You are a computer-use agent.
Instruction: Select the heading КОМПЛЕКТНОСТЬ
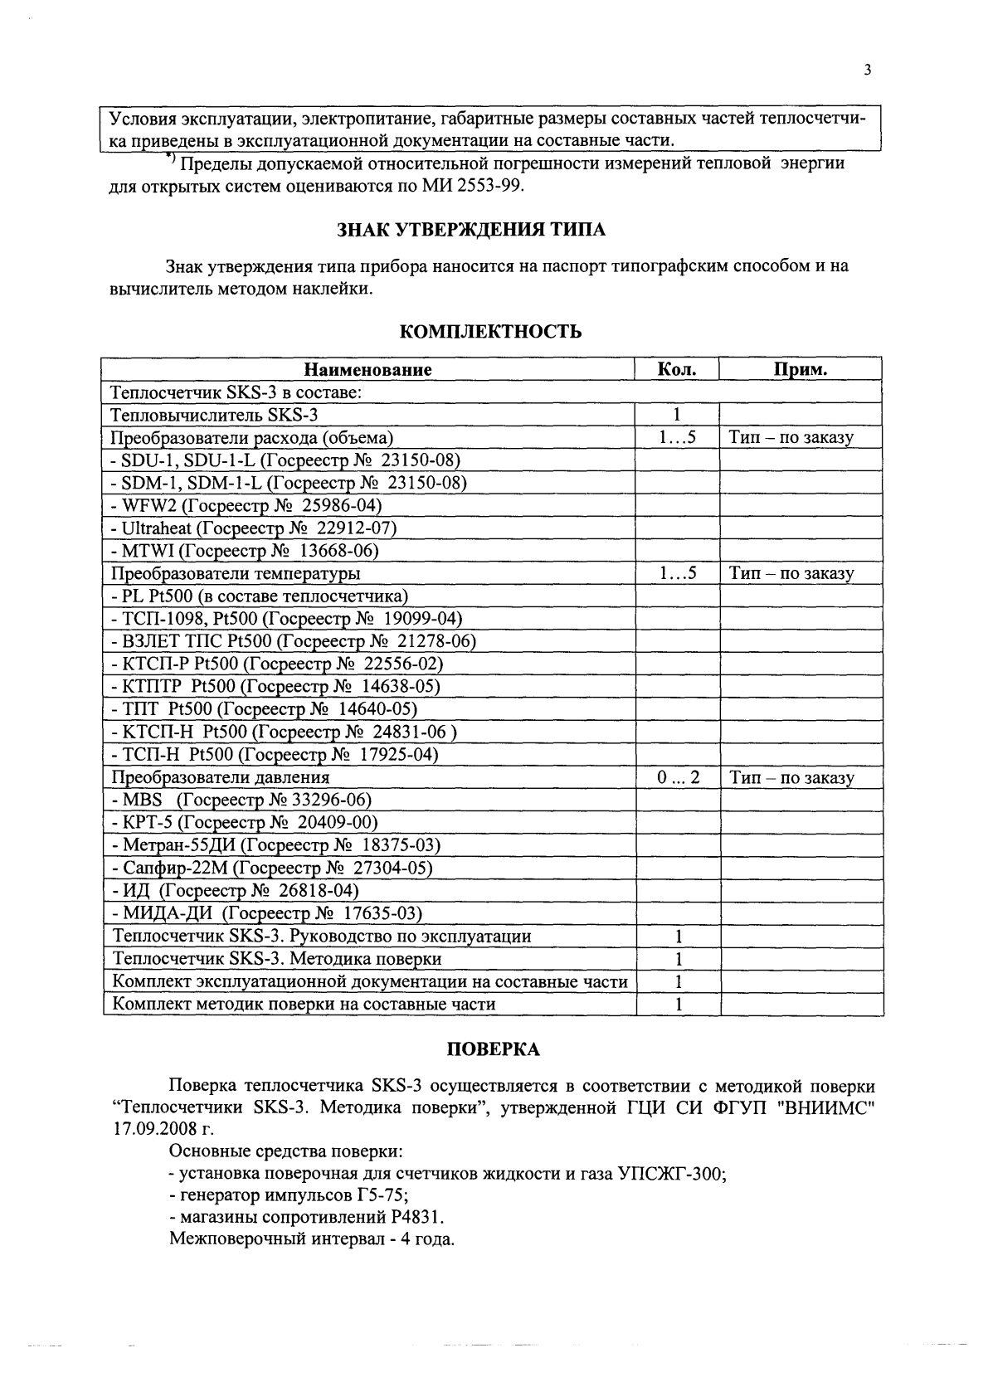[490, 333]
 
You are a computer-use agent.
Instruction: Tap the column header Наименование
[367, 370]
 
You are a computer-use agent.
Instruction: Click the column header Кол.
[676, 369]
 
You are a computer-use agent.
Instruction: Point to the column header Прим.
[800, 370]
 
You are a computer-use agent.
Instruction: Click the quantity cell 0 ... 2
[677, 777]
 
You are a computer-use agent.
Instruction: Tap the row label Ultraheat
[158, 528]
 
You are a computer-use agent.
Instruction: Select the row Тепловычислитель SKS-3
[214, 415]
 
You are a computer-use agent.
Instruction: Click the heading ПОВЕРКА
[494, 1049]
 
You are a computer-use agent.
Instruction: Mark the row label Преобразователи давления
[221, 777]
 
